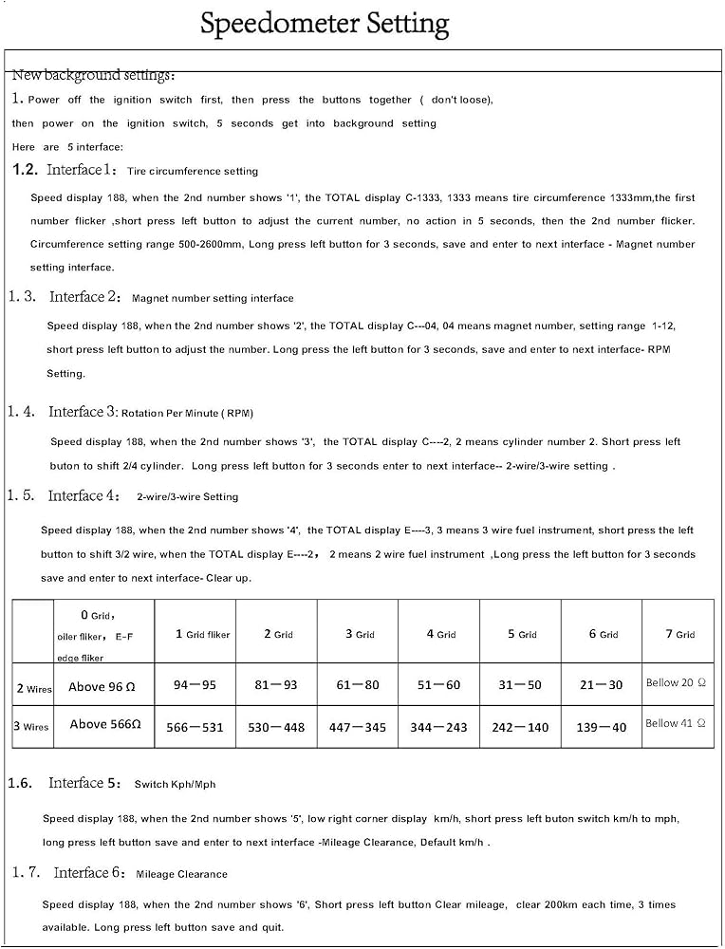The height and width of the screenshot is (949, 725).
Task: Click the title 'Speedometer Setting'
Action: pyautogui.click(x=324, y=24)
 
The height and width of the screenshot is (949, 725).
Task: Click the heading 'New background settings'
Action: pyautogui.click(x=92, y=75)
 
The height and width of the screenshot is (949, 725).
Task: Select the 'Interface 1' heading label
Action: pyautogui.click(x=82, y=170)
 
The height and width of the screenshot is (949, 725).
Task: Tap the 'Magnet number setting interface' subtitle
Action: pyautogui.click(x=213, y=298)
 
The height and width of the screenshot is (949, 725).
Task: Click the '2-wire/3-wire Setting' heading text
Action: pyautogui.click(x=187, y=496)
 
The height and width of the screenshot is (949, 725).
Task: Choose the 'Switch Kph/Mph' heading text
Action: pyautogui.click(x=175, y=785)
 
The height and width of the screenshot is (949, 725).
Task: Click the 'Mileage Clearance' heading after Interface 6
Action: pyautogui.click(x=181, y=874)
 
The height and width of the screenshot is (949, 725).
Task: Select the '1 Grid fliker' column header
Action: pyautogui.click(x=202, y=634)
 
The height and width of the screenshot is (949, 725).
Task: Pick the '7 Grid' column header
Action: pyautogui.click(x=678, y=634)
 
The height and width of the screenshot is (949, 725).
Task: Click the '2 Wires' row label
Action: pyautogui.click(x=33, y=688)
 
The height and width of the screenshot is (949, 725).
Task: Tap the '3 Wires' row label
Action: pyautogui.click(x=31, y=727)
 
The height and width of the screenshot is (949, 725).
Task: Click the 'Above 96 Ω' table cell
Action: pyautogui.click(x=103, y=686)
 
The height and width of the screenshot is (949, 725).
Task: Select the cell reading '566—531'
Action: pyautogui.click(x=195, y=727)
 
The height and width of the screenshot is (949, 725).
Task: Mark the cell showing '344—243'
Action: pyautogui.click(x=438, y=727)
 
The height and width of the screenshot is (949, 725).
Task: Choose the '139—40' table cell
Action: pyautogui.click(x=601, y=727)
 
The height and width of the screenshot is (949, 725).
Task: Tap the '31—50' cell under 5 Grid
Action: pyautogui.click(x=520, y=684)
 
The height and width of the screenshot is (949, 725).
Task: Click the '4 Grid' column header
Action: pyautogui.click(x=439, y=634)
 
